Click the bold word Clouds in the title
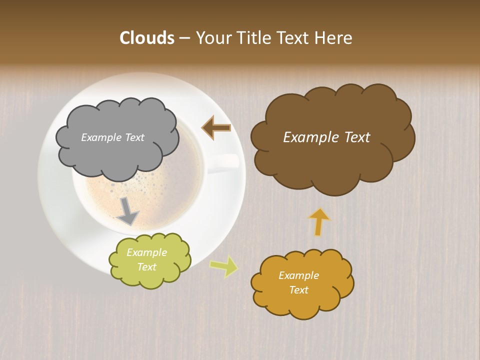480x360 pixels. [146, 38]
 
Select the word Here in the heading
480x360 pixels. [335, 38]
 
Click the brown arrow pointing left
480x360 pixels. [216, 128]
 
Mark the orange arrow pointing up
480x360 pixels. [319, 221]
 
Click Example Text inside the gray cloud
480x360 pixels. [112, 137]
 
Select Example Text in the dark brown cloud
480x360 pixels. [326, 137]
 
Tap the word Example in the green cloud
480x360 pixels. [146, 252]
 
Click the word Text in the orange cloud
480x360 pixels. [298, 290]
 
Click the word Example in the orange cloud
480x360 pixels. [298, 275]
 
